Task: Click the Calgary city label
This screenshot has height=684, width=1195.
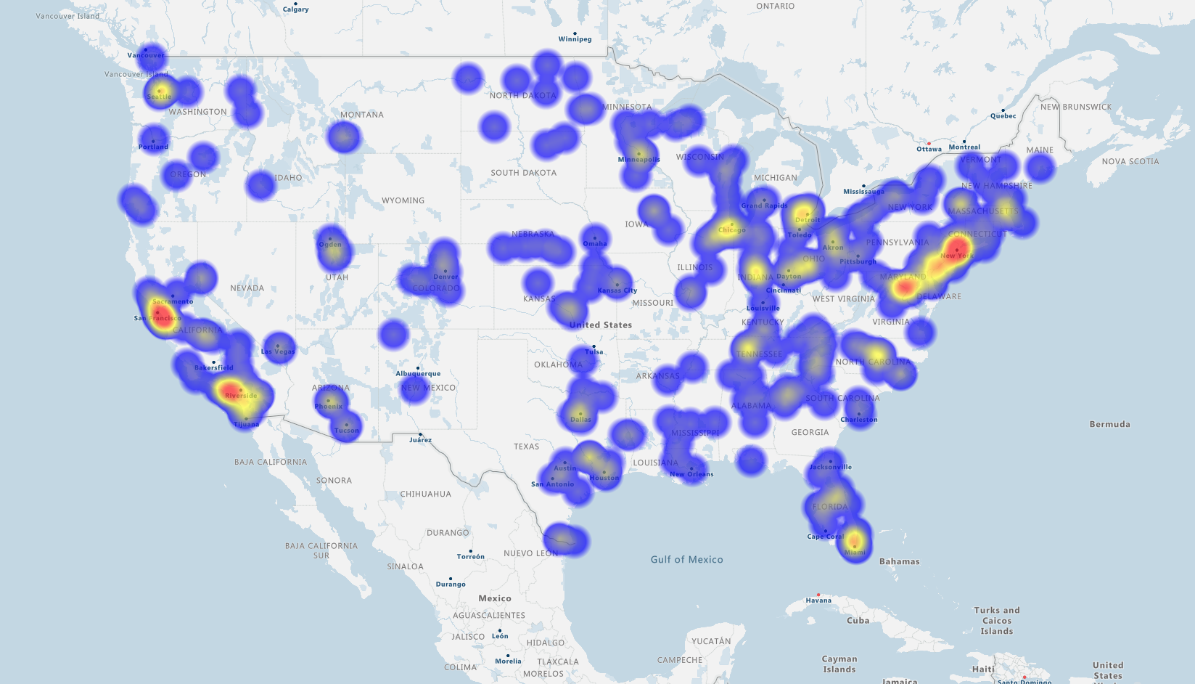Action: (295, 9)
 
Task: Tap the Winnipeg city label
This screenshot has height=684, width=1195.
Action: (575, 39)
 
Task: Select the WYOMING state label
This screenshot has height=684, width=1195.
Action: (403, 200)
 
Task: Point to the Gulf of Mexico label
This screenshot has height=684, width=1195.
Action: (686, 559)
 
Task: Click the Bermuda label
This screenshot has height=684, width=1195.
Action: (1109, 424)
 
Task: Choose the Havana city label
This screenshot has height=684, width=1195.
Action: (818, 600)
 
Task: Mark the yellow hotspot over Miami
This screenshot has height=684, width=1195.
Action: (855, 541)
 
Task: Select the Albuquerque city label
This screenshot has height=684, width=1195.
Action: (418, 374)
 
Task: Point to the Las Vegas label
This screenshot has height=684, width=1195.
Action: (278, 351)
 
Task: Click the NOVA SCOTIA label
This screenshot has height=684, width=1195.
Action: (1130, 161)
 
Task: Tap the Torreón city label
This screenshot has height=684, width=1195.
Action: (470, 557)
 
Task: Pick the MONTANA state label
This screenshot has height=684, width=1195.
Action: (362, 115)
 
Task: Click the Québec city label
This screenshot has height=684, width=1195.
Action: (1003, 116)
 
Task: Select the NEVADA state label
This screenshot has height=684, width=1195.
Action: (247, 288)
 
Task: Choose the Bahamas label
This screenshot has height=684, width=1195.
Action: (899, 561)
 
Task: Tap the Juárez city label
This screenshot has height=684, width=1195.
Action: (420, 440)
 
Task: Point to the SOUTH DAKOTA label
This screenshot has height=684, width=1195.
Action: (523, 173)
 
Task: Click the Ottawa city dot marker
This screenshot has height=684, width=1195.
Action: (929, 143)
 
